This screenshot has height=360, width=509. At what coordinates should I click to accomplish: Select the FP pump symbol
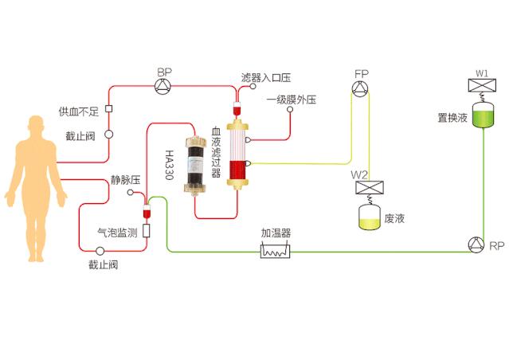pyautogui.click(x=362, y=88)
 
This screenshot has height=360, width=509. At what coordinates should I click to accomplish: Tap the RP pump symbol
pyautogui.click(x=476, y=245)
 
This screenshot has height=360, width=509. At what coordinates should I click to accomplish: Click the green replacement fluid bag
pyautogui.click(x=483, y=116)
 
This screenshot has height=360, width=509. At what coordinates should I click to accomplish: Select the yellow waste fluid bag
pyautogui.click(x=368, y=217)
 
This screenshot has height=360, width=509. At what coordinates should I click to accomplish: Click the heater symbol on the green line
pyautogui.click(x=276, y=250)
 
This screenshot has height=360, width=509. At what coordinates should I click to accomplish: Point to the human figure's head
pyautogui.click(x=36, y=127)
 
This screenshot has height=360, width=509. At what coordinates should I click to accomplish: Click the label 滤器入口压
pyautogui.click(x=266, y=78)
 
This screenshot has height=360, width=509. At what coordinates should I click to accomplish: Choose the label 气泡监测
pyautogui.click(x=117, y=233)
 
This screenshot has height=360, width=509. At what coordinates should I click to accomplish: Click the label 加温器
pyautogui.click(x=276, y=233)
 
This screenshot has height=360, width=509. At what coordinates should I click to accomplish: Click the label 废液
pyautogui.click(x=395, y=217)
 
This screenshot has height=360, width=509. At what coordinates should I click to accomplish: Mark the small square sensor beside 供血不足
pyautogui.click(x=109, y=109)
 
